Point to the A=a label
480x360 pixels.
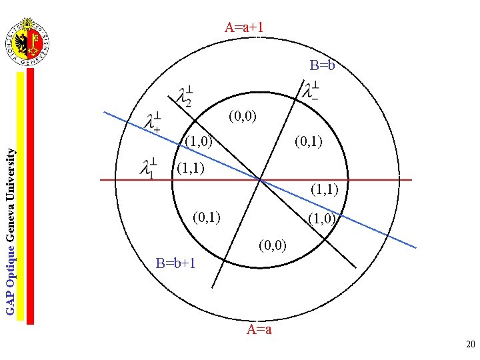coord(259,329)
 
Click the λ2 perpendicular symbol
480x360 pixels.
coord(184,96)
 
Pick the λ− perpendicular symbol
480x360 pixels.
coord(310,92)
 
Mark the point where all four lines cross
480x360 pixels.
coord(260,179)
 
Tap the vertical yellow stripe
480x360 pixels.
coord(21,193)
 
